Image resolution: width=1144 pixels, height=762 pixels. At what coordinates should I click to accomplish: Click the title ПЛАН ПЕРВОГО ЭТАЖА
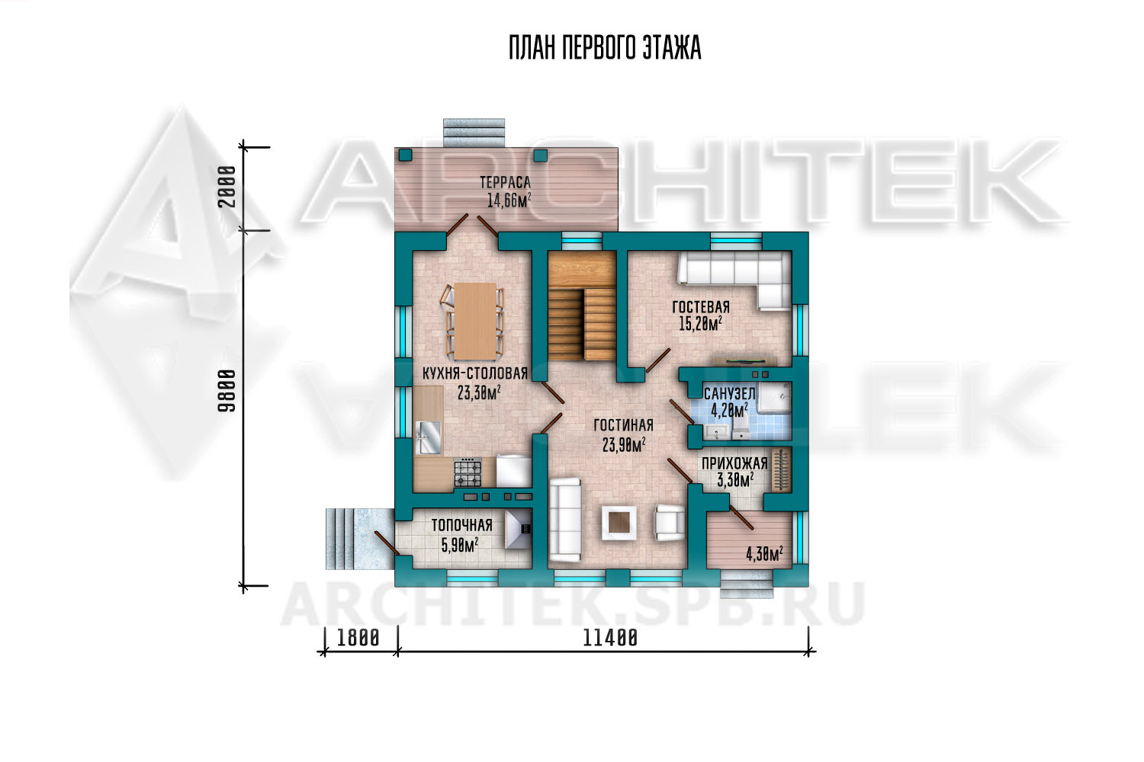pyautogui.click(x=605, y=49)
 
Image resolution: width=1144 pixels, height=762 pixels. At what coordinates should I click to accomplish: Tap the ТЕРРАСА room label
pyautogui.click(x=505, y=182)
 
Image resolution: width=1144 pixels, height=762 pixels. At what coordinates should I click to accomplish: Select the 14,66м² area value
pyautogui.click(x=509, y=200)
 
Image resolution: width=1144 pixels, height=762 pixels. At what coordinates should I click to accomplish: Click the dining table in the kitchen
pyautogui.click(x=475, y=321)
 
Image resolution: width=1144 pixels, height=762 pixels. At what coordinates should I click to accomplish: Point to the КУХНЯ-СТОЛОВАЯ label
pyautogui.click(x=475, y=373)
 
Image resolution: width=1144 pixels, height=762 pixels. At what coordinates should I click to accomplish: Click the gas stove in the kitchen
pyautogui.click(x=468, y=472)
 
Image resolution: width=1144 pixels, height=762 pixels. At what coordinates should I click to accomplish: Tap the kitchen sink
pyautogui.click(x=428, y=437)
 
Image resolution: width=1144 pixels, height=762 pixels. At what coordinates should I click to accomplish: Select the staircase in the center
pyautogui.click(x=582, y=306)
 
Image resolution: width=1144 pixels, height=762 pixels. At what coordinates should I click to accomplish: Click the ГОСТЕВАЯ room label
pyautogui.click(x=701, y=307)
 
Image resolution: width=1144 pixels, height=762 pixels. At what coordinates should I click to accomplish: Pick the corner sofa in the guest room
pyautogui.click(x=735, y=280)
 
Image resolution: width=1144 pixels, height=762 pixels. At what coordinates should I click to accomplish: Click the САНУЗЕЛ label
pyautogui.click(x=729, y=394)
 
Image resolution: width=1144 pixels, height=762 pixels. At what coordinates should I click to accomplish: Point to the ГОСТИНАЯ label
pyautogui.click(x=623, y=425)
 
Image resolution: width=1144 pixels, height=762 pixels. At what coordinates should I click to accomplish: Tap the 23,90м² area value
pyautogui.click(x=624, y=445)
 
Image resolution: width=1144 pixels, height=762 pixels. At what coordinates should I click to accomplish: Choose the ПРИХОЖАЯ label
pyautogui.click(x=734, y=463)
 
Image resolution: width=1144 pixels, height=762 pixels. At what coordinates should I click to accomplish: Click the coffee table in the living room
pyautogui.click(x=619, y=522)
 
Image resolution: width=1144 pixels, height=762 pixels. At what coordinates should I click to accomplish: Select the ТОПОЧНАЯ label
pyautogui.click(x=461, y=525)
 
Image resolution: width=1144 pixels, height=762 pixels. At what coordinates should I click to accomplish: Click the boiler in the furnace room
pyautogui.click(x=519, y=530)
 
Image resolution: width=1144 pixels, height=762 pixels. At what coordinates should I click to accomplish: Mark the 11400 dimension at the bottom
pyautogui.click(x=610, y=638)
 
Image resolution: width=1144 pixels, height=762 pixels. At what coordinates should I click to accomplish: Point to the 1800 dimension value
pyautogui.click(x=358, y=638)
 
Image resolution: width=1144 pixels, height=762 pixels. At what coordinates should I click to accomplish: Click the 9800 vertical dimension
pyautogui.click(x=227, y=391)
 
